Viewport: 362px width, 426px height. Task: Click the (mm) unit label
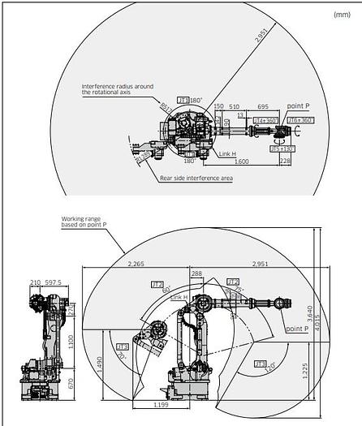click(342, 15)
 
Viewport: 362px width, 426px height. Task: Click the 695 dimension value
click(263, 106)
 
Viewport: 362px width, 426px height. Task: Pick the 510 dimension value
click(235, 106)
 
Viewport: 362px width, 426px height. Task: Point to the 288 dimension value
click(196, 274)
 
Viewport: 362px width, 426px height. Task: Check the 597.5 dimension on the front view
click(51, 283)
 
